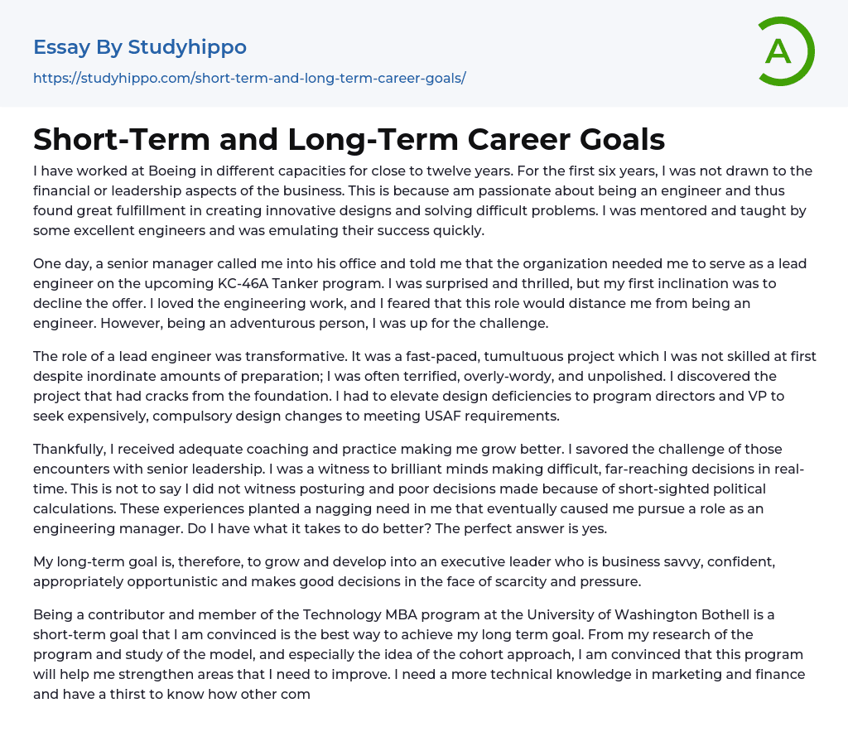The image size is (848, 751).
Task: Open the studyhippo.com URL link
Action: point(249,79)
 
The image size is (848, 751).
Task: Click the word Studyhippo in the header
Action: point(187,47)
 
